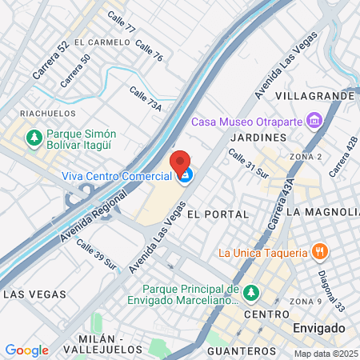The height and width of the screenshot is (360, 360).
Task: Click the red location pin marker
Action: [180, 162]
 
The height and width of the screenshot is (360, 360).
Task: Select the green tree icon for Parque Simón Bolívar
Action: [34, 138]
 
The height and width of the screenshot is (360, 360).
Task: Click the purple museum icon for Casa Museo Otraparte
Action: [314, 122]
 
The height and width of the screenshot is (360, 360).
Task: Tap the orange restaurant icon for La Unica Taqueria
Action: [320, 253]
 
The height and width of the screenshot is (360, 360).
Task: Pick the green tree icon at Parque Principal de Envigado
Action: [251, 294]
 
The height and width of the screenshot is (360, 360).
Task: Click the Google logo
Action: [26, 350]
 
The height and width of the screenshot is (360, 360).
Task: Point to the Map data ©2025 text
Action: [326, 354]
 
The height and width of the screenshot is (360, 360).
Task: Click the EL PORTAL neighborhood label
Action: [218, 215]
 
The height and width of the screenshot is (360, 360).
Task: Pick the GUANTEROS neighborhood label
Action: [241, 351]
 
